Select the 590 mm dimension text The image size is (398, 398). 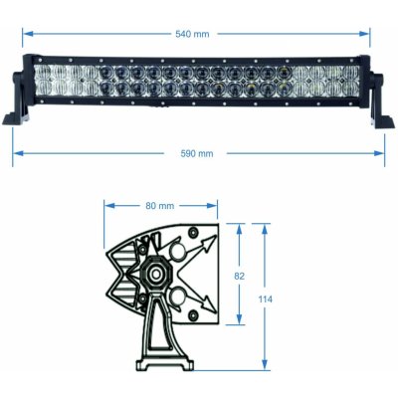tap(198, 153)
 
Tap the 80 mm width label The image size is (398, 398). tap(159, 206)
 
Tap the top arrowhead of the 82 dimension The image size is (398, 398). tap(239, 227)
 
